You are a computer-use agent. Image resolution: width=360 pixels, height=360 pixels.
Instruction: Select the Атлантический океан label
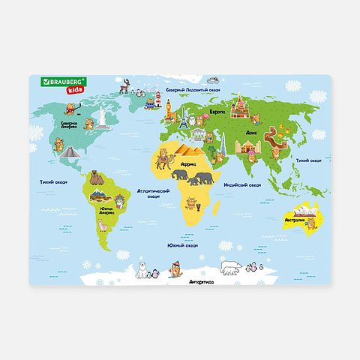pyautogui.click(x=160, y=192)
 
